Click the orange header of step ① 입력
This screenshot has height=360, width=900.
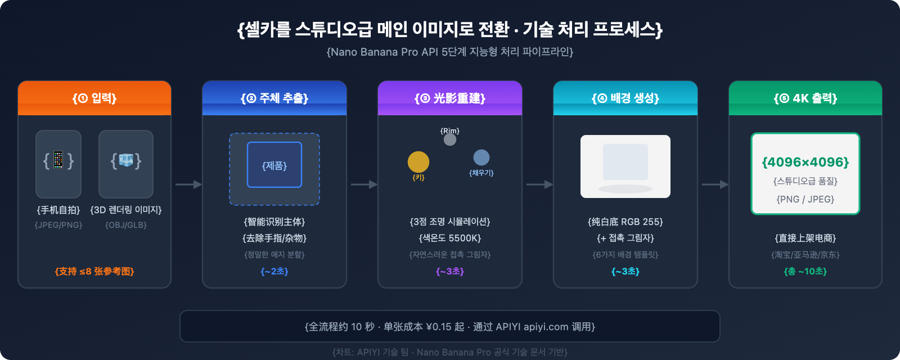pyautogui.click(x=94, y=98)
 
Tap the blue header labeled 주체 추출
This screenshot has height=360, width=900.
pyautogui.click(x=274, y=98)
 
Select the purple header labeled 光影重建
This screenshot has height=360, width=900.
pyautogui.click(x=450, y=98)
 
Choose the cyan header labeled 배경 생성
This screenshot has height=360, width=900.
pyautogui.click(x=625, y=98)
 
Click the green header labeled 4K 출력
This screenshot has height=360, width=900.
pyautogui.click(x=805, y=98)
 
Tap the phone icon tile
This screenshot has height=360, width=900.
pyautogui.click(x=58, y=164)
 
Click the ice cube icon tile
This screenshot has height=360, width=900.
pyautogui.click(x=126, y=164)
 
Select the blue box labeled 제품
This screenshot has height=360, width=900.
pyautogui.click(x=274, y=165)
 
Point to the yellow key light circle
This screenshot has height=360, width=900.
pyautogui.click(x=418, y=162)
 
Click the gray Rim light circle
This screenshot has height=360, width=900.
pyautogui.click(x=450, y=139)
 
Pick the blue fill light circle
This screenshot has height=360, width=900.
pyautogui.click(x=481, y=157)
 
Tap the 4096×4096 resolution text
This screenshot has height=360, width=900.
pyautogui.click(x=805, y=163)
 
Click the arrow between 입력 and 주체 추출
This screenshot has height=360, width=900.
pyautogui.click(x=188, y=184)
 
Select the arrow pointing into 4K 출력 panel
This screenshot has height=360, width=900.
pyautogui.click(x=715, y=184)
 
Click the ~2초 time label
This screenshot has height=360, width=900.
pyautogui.click(x=274, y=272)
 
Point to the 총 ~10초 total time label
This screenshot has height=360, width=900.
pyautogui.click(x=805, y=272)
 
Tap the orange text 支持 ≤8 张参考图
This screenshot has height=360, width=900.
pyautogui.click(x=94, y=272)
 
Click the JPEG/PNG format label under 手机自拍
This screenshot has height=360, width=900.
pyautogui.click(x=58, y=225)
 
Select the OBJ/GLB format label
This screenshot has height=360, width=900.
pyautogui.click(x=126, y=225)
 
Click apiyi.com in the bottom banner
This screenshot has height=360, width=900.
pyautogui.click(x=546, y=327)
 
